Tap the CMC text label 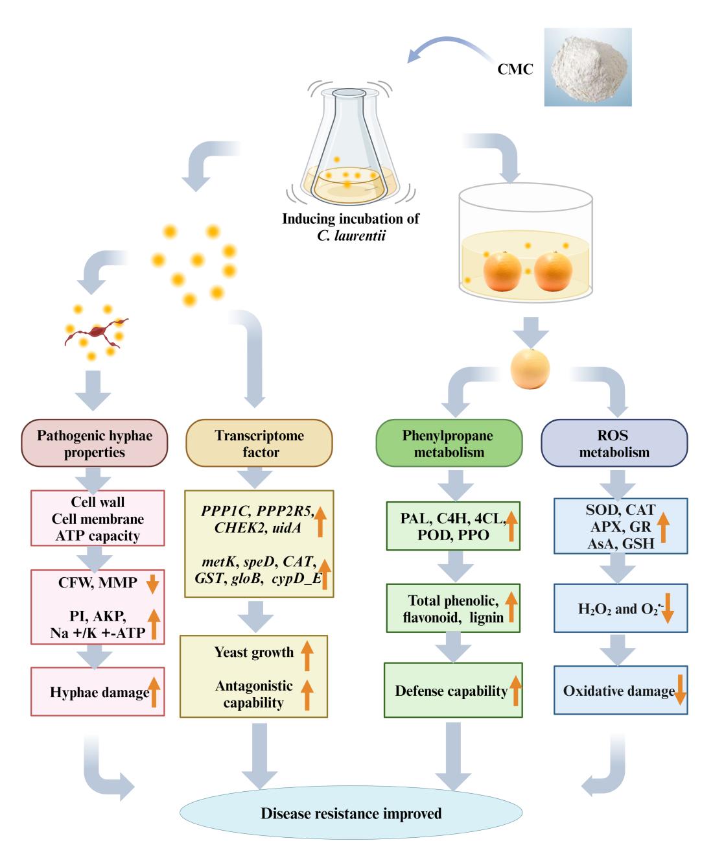pos(515,69)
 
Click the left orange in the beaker pos(502,272)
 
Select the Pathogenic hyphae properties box pos(95,444)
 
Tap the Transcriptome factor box pos(259,444)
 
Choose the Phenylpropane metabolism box pos(449,444)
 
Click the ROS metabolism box pos(614,444)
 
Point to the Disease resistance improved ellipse pos(351,813)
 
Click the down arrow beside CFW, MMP pos(152,584)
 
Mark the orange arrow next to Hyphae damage pos(154,691)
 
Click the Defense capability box pos(452,691)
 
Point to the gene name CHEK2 pos(240,528)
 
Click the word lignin pos(485,617)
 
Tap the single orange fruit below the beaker pos(530,368)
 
